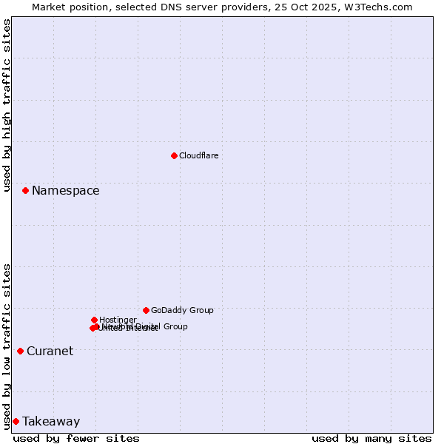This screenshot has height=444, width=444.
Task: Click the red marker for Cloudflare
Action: coord(174,155)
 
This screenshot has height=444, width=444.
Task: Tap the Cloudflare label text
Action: coord(198,155)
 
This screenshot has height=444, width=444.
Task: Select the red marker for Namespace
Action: coord(25,190)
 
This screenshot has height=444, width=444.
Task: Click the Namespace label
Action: coord(65,191)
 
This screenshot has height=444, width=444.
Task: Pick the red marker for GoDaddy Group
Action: coord(146,310)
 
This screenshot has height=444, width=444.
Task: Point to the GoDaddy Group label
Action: coord(182,311)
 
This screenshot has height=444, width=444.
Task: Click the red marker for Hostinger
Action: coord(94,320)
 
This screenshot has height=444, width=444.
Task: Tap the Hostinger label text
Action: coord(118,320)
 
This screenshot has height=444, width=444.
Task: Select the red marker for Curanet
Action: coord(20,351)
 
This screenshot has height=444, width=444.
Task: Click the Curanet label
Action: coord(50,351)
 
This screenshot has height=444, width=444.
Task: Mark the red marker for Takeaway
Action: coord(16,421)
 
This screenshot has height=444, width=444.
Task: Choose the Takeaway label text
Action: coord(51,422)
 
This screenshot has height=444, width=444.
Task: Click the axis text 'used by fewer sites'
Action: coord(76,439)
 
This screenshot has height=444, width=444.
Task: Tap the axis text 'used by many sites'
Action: coord(371,439)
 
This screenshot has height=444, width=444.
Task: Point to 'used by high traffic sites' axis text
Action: coord(7,105)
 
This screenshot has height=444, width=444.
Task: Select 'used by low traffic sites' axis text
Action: coord(7,346)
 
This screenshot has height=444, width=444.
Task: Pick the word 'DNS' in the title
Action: coord(175,7)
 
